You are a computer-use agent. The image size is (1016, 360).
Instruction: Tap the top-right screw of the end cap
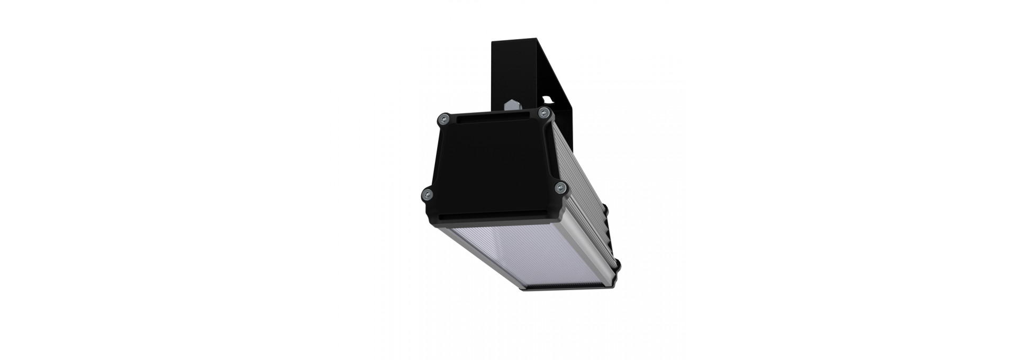pos(542,112)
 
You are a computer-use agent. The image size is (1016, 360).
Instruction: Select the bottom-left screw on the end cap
pos(427,193)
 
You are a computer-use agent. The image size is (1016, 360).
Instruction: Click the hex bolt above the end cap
pos(512,106)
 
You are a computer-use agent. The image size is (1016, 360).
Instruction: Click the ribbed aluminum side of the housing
pos(582,175)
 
